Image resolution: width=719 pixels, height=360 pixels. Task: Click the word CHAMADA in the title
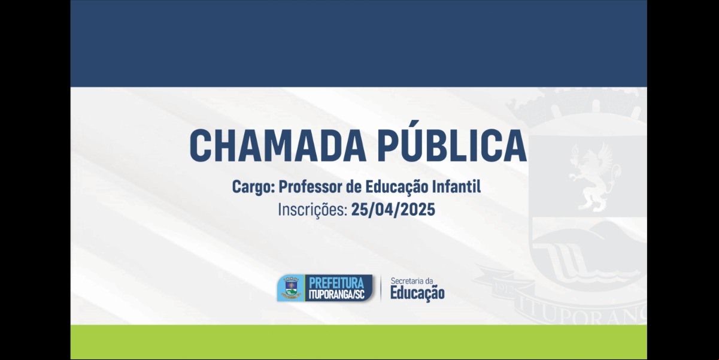278,146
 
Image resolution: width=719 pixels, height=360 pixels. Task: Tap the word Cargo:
254,187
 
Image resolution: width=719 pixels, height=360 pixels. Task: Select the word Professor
310,186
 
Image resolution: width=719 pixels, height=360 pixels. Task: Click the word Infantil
456,186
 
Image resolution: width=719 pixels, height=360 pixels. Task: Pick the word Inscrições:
313,210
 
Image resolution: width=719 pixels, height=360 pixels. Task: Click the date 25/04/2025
393,210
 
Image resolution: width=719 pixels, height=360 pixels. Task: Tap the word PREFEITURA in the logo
336,283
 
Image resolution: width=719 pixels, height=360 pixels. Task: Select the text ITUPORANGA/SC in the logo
336,295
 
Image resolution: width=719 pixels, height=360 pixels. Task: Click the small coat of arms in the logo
291,288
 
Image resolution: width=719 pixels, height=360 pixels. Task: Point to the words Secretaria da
412,281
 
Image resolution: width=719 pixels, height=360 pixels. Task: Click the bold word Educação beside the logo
417,293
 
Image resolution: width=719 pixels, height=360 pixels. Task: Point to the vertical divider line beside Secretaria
381,289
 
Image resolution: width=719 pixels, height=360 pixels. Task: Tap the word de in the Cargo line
353,186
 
